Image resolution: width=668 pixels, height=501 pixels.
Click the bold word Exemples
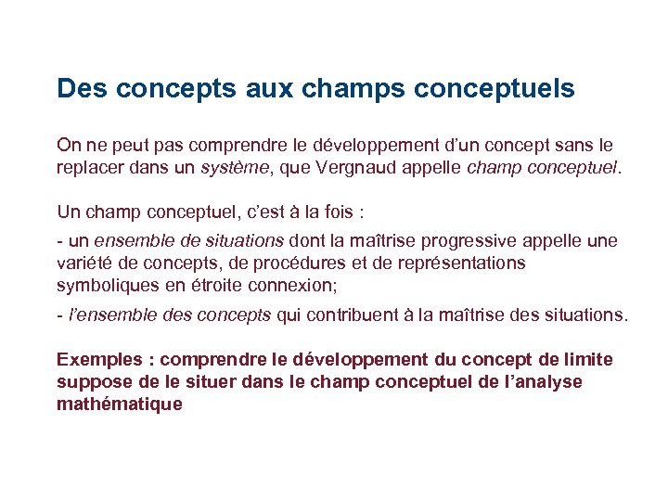tap(97, 359)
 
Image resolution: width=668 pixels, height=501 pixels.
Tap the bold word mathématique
tap(120, 405)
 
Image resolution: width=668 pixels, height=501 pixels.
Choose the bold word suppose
tap(91, 382)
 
